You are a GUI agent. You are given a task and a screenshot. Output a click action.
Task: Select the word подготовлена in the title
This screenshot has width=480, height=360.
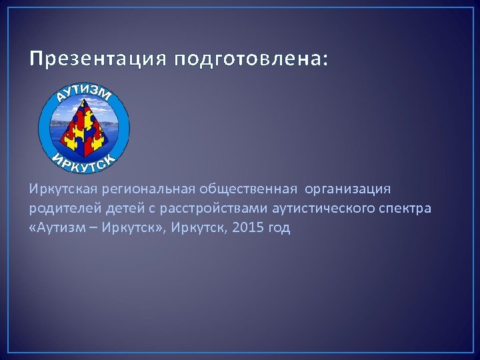tap(247, 60)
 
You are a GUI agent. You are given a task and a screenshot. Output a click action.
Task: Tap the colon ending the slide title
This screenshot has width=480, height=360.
tap(325, 61)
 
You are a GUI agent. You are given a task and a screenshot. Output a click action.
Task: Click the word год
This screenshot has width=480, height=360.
tap(280, 228)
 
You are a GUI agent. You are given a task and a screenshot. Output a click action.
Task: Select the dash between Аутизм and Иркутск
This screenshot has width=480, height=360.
tap(86, 228)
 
